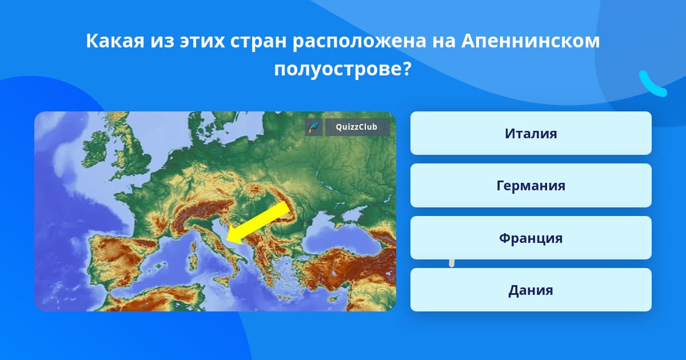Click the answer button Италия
coord(531,133)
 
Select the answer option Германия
coord(531,186)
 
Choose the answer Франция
coord(531,238)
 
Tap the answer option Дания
coord(531,290)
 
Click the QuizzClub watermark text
coord(357,127)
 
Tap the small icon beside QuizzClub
coord(314,127)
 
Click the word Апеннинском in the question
coord(531,41)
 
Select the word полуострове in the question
coord(342,69)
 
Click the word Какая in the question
coord(115,41)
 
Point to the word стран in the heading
coord(258,41)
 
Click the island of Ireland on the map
coord(96,149)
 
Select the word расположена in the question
coord(360,41)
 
